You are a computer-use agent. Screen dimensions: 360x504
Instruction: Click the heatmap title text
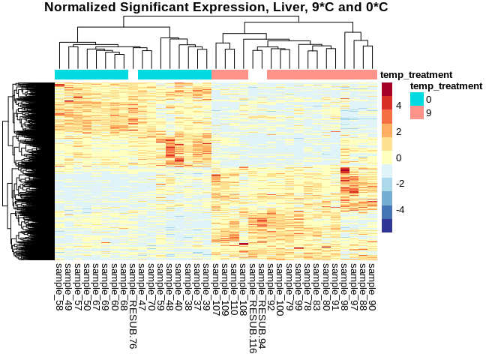(x=216, y=7)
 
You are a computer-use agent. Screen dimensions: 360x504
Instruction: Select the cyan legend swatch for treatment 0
(x=417, y=99)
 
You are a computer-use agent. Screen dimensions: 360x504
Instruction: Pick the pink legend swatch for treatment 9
(x=417, y=112)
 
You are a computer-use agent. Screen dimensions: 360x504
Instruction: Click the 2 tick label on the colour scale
(x=399, y=131)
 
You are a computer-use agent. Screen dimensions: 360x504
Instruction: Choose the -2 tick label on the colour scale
(x=401, y=184)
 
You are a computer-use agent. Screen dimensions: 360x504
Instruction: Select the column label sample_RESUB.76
(x=133, y=301)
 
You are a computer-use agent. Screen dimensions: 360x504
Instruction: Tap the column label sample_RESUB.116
(x=252, y=304)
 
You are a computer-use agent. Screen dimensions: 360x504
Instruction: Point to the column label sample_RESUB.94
(x=262, y=301)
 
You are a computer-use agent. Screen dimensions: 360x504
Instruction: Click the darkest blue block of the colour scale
(x=387, y=225)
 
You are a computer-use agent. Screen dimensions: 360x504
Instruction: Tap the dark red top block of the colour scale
(x=387, y=88)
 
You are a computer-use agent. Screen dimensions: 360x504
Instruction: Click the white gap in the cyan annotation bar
(x=133, y=75)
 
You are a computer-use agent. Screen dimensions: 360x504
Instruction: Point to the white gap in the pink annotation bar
(x=257, y=75)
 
